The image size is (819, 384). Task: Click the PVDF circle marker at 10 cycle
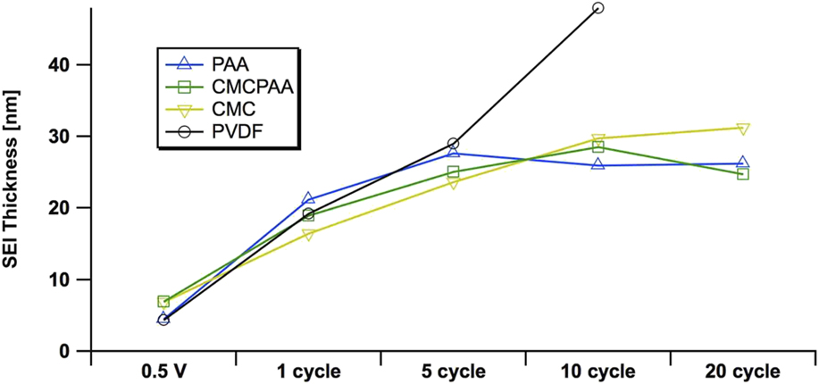pyautogui.click(x=598, y=8)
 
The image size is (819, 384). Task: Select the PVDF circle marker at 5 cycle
pyautogui.click(x=453, y=143)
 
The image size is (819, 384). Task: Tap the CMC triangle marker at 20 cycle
pyautogui.click(x=742, y=129)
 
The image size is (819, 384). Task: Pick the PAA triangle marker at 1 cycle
pyautogui.click(x=308, y=199)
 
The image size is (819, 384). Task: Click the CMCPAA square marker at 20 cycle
pyautogui.click(x=742, y=174)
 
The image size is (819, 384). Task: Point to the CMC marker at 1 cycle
pyautogui.click(x=308, y=235)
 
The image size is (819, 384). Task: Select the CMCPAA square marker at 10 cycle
pyautogui.click(x=598, y=146)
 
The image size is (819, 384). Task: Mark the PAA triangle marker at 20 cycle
pyautogui.click(x=742, y=163)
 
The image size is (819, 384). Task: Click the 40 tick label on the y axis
pyautogui.click(x=70, y=65)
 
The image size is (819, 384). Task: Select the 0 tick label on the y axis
pyautogui.click(x=76, y=351)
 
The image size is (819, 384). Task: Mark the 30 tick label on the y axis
pyautogui.click(x=70, y=137)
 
